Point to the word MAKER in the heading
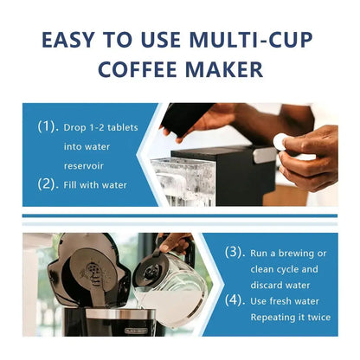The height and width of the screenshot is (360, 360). [x=227, y=70]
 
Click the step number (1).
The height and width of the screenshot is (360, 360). [x=48, y=126]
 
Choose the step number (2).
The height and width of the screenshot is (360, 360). [x=48, y=183]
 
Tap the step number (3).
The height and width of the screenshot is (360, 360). [x=234, y=252]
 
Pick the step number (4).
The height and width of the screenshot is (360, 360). [x=234, y=301]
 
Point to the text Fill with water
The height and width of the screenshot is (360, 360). [x=96, y=183]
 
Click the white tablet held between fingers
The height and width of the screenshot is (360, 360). [x=280, y=143]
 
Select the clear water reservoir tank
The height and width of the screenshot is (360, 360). [x=183, y=180]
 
